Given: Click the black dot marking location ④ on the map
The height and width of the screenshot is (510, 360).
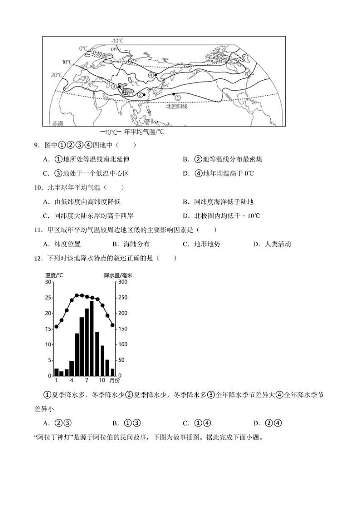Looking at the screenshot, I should [156, 74].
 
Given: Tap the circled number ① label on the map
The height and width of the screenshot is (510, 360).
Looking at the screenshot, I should [177, 98].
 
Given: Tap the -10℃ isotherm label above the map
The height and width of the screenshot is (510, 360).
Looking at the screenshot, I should [117, 41].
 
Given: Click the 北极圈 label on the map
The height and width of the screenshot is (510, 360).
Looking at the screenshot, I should [99, 54].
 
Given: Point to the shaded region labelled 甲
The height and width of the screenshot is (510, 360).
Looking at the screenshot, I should [125, 91].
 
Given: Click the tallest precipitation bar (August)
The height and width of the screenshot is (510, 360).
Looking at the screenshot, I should [92, 338].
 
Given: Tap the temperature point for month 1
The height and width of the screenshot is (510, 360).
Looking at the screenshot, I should [56, 326].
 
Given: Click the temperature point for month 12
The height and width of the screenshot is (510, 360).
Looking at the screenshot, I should [112, 325].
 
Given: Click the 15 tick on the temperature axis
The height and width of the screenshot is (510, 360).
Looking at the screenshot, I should [49, 329].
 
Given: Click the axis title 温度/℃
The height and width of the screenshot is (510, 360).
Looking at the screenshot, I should [54, 275].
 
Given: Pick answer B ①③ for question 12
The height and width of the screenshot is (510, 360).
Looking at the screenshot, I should [126, 423].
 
